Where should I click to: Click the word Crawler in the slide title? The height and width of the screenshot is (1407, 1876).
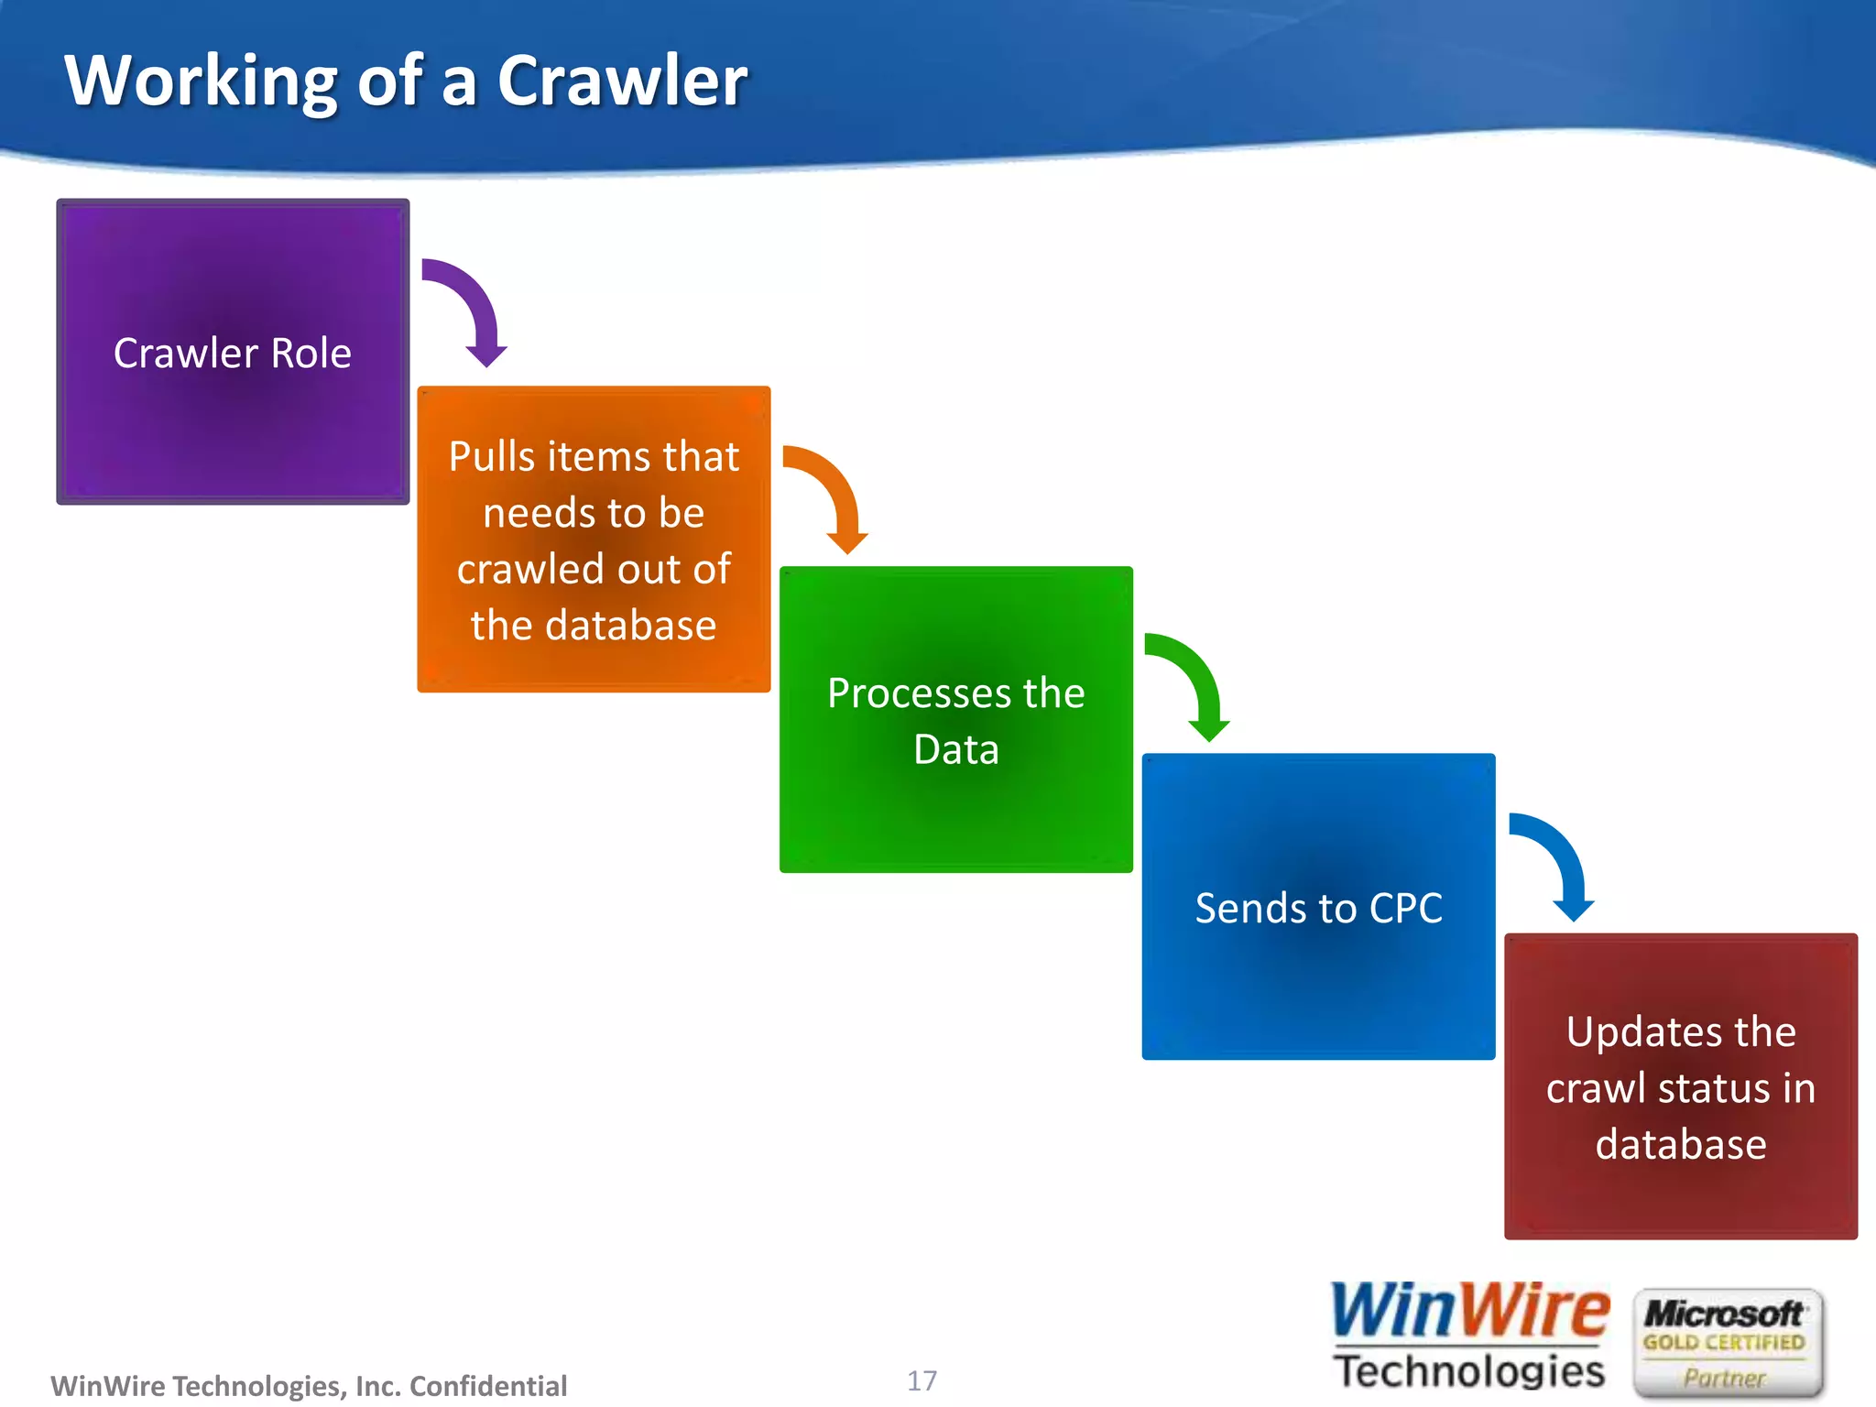[x=622, y=81]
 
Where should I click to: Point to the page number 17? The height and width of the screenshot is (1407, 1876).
[x=922, y=1380]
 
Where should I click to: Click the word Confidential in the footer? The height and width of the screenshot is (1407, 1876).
[x=487, y=1386]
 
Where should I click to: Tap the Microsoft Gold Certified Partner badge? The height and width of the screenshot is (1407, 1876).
[x=1726, y=1343]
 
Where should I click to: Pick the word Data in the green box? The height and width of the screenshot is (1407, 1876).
[x=955, y=749]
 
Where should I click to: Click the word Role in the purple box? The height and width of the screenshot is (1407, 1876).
[x=311, y=354]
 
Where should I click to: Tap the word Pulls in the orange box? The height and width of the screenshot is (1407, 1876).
[x=491, y=456]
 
